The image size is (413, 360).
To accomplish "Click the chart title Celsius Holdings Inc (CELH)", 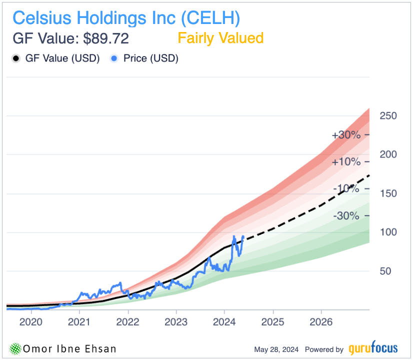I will coord(126,18).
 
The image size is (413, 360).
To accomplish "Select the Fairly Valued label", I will coord(220,38).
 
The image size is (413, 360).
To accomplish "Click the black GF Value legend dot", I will coord(16,58).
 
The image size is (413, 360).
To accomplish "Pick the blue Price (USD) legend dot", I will coord(114,58).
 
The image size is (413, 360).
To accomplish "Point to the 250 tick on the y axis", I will coord(388,116).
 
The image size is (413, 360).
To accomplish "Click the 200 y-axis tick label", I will coord(388,154).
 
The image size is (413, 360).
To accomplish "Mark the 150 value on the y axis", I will coord(388,193).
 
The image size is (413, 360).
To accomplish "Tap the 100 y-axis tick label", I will coord(388,232).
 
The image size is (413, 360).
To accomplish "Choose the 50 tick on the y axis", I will coord(385,271).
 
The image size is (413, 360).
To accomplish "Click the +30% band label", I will coord(345,135).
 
